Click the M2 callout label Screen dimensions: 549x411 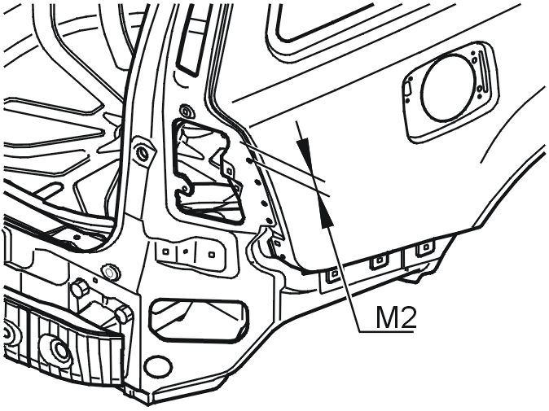[x=396, y=317]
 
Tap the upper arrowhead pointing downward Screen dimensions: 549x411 [x=304, y=151]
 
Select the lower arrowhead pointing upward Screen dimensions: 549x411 [x=326, y=214]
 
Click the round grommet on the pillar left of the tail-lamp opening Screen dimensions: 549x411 [x=143, y=152]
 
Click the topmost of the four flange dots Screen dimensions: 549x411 [x=249, y=161]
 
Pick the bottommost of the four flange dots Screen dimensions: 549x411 [x=269, y=221]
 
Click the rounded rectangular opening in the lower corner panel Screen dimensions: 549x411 [x=199, y=320]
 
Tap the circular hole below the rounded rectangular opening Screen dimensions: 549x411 [x=159, y=366]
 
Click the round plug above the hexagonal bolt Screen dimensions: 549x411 [x=110, y=271]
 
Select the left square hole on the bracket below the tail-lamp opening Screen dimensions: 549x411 [x=166, y=251]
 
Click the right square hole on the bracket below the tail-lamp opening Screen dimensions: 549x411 [x=211, y=254]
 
